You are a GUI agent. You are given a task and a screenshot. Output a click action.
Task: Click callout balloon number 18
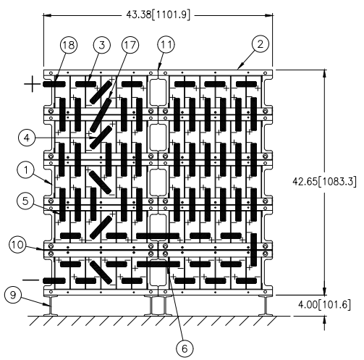pos(69,45)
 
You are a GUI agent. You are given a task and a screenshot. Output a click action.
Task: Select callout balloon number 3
pos(102,45)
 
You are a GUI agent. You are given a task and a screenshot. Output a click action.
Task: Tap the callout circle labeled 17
pos(130,45)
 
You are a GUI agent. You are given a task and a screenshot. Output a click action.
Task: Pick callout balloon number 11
pos(166,44)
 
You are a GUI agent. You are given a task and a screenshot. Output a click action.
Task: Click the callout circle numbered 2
pos(260,44)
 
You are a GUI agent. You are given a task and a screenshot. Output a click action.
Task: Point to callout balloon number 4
pos(27,138)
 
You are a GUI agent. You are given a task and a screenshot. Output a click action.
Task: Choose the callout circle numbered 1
pos(26,170)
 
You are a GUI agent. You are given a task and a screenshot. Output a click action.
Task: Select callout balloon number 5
pos(25,201)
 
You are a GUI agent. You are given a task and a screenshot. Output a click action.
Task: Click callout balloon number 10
pos(18,245)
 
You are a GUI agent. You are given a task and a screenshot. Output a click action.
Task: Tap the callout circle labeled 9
pos(13,295)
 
